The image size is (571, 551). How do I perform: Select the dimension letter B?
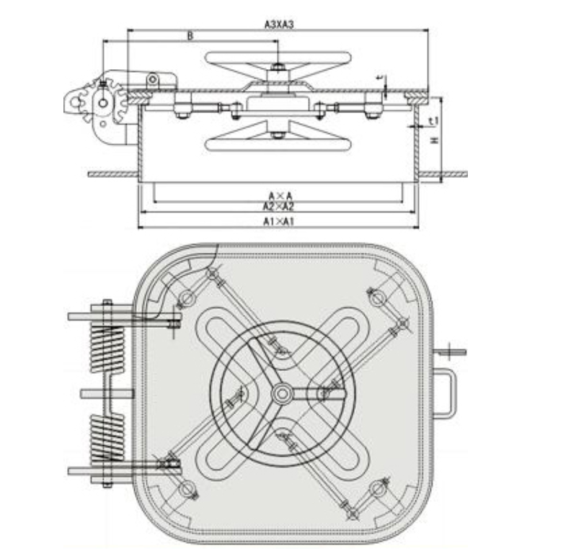(x=190, y=35)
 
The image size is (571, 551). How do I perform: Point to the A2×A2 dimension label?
(x=279, y=207)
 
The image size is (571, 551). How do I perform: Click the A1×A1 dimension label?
(x=279, y=221)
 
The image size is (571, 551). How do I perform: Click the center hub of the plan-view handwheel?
(x=282, y=393)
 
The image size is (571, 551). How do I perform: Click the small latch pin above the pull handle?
(x=451, y=351)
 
